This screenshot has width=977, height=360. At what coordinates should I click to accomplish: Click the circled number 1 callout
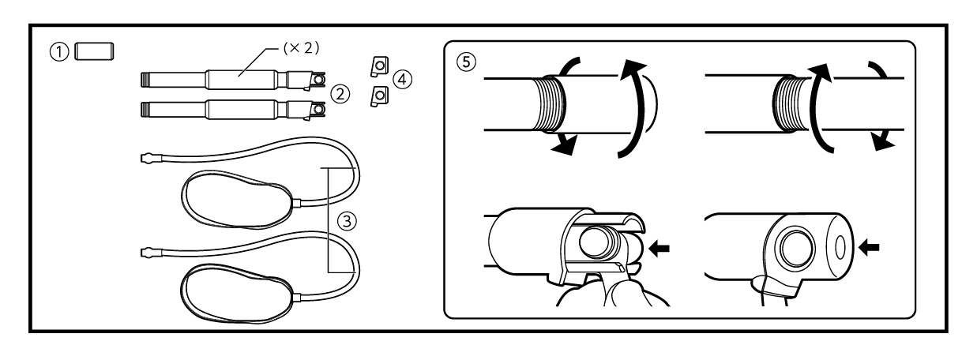[59, 52]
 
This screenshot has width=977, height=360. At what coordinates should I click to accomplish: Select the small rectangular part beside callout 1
[94, 51]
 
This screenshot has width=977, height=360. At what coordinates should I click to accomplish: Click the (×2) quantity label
[301, 48]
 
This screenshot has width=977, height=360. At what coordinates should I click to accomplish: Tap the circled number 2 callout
[340, 94]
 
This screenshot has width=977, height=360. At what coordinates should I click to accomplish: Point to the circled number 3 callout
[347, 221]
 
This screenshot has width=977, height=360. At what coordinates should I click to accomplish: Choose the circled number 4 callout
[402, 79]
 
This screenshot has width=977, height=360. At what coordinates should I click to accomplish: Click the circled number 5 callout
[466, 62]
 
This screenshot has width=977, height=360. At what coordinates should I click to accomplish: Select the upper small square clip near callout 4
[379, 66]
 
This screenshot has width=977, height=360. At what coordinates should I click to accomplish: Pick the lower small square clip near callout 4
[379, 96]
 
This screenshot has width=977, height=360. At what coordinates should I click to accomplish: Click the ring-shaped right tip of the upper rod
[319, 79]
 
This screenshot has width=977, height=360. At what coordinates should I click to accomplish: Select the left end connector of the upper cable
[152, 158]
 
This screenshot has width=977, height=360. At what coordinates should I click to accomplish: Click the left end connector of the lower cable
[152, 252]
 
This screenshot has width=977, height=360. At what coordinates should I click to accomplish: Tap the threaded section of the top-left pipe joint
[551, 104]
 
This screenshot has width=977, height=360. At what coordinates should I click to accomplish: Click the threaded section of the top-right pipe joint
[787, 104]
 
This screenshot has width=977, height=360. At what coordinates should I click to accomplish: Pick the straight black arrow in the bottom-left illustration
[659, 249]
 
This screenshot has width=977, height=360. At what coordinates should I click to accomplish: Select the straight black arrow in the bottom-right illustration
[869, 248]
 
